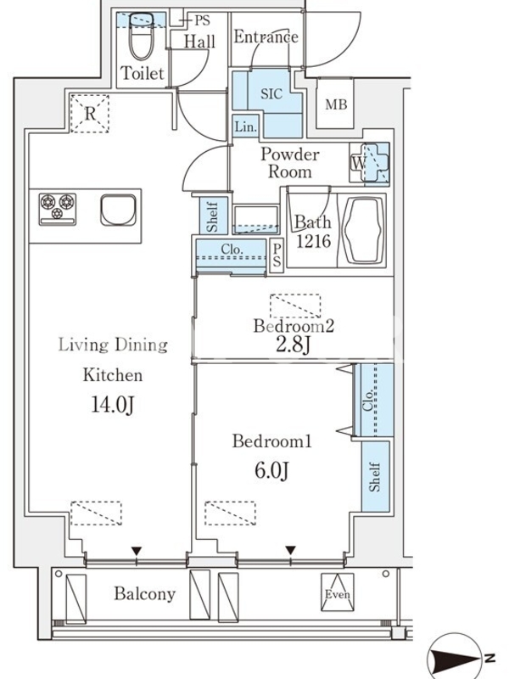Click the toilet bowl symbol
142,36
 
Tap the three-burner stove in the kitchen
58,209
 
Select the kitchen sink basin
118,210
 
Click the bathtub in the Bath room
363,231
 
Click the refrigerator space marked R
90,113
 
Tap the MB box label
336,104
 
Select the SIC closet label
271,93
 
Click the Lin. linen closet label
245,126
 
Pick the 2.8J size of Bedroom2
293,345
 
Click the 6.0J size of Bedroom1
271,470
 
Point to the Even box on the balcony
337,592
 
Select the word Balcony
144,593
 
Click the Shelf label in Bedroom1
375,476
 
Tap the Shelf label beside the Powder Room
212,216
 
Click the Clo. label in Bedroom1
369,401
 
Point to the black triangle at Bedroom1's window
290,550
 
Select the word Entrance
266,36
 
